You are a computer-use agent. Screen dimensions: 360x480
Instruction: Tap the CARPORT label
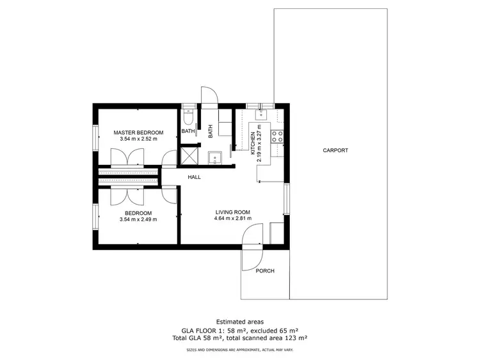pyautogui.click(x=335, y=150)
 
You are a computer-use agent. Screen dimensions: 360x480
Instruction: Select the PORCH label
pyautogui.click(x=264, y=271)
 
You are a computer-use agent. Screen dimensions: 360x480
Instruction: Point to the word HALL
pyautogui.click(x=195, y=177)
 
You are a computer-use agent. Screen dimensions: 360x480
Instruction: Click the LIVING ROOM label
pyautogui.click(x=232, y=212)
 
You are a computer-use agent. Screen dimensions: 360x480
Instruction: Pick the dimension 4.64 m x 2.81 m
pyautogui.click(x=232, y=219)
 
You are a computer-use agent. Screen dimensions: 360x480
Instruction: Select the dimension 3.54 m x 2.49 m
pyautogui.click(x=138, y=219)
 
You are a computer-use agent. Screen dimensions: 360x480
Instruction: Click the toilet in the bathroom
pyautogui.click(x=188, y=116)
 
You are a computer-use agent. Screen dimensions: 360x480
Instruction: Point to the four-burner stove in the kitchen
pyautogui.click(x=278, y=136)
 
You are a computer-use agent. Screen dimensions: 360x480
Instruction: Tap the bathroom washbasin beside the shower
pyautogui.click(x=216, y=155)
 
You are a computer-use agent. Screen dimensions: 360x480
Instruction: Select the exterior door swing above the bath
pyautogui.click(x=209, y=96)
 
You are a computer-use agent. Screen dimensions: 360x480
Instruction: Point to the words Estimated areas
pyautogui.click(x=239, y=322)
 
